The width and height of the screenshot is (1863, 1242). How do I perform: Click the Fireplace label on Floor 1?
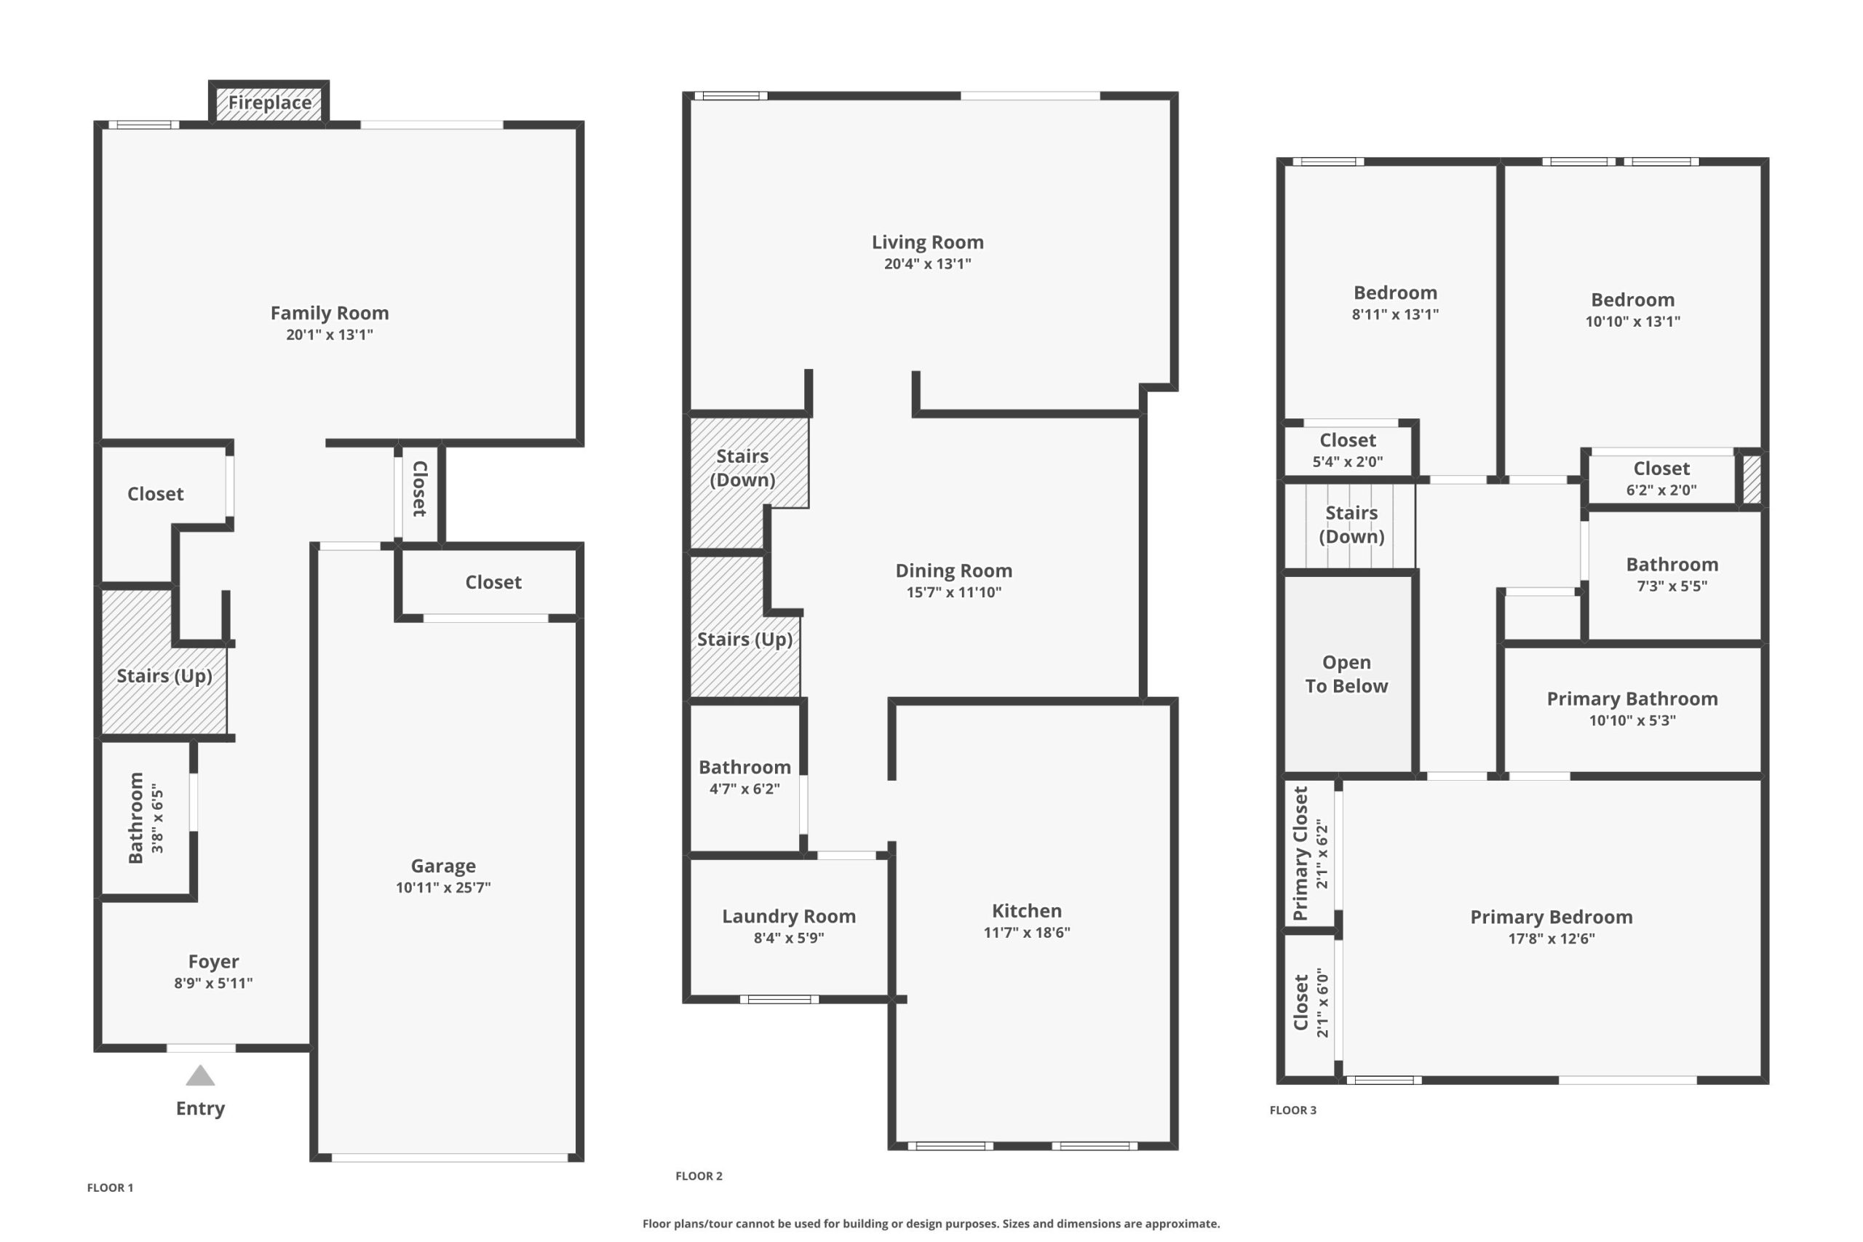[269, 103]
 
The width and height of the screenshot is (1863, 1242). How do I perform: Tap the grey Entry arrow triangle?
[200, 1075]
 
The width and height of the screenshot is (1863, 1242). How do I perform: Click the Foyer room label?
[213, 962]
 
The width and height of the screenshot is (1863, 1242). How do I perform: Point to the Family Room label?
[330, 313]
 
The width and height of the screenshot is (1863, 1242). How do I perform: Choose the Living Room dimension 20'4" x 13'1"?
[928, 264]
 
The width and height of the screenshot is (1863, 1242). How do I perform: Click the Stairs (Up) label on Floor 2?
[744, 640]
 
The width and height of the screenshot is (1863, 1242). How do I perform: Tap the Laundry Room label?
[789, 917]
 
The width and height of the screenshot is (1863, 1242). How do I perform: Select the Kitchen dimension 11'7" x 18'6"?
[1027, 932]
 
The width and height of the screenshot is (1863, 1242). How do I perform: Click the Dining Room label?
[953, 570]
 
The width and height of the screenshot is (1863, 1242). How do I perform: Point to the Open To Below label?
[1346, 674]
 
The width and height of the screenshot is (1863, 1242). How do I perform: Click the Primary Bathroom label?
[1632, 698]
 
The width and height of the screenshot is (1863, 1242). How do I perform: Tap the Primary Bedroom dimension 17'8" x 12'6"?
[1552, 939]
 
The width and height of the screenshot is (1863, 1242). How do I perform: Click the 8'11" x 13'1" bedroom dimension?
[1395, 314]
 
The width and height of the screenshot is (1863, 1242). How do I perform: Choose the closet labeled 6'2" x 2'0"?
[1662, 479]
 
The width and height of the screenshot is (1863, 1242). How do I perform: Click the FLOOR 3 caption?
[1292, 1110]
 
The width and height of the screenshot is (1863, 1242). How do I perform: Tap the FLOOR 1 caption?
[110, 1188]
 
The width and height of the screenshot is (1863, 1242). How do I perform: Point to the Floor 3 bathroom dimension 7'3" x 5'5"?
[1672, 587]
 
